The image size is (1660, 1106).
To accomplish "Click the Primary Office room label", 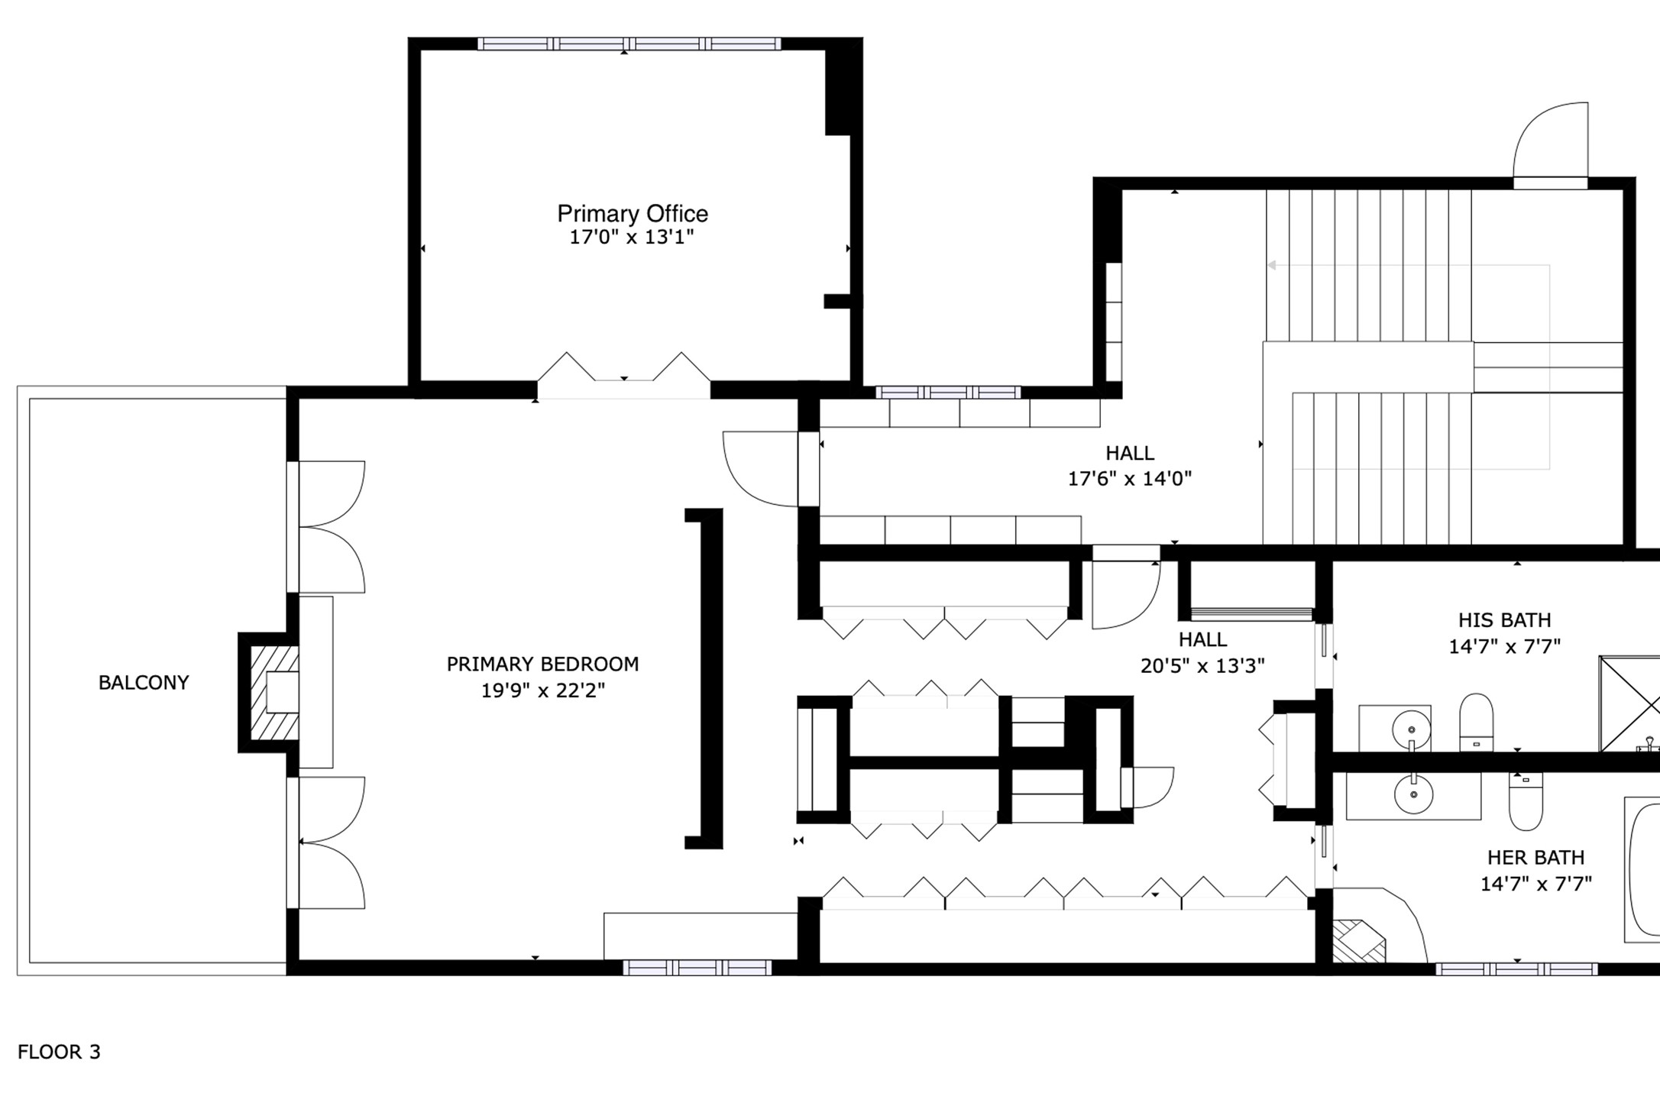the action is [x=633, y=214].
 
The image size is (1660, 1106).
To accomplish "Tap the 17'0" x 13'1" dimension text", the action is [x=632, y=237].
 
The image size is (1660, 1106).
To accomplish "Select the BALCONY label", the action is [x=144, y=683].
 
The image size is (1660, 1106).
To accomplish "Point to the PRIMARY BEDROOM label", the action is [x=542, y=665].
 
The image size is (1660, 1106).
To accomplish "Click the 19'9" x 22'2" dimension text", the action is [x=542, y=690].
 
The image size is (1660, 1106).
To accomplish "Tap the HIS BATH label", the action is [x=1504, y=620].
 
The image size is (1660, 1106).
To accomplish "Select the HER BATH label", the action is [x=1535, y=858].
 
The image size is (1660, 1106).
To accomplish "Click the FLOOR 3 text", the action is [x=59, y=1052].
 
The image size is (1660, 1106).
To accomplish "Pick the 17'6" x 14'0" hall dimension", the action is [x=1130, y=479].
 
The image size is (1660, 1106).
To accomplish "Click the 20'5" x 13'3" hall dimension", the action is [x=1202, y=666].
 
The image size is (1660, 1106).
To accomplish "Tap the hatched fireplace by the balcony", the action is [x=274, y=693].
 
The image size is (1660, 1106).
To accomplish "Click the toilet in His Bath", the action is [x=1476, y=722].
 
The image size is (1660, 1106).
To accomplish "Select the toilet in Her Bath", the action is [x=1526, y=801].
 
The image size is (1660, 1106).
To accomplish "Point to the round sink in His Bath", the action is [x=1411, y=729].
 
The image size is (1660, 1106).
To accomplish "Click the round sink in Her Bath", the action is [x=1413, y=794].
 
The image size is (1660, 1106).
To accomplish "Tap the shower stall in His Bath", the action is [x=1630, y=703].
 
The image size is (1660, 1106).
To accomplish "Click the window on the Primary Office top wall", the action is [x=629, y=44].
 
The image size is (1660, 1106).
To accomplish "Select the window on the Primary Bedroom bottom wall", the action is [x=697, y=968].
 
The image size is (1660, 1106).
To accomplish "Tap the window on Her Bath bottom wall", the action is [x=1516, y=969].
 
